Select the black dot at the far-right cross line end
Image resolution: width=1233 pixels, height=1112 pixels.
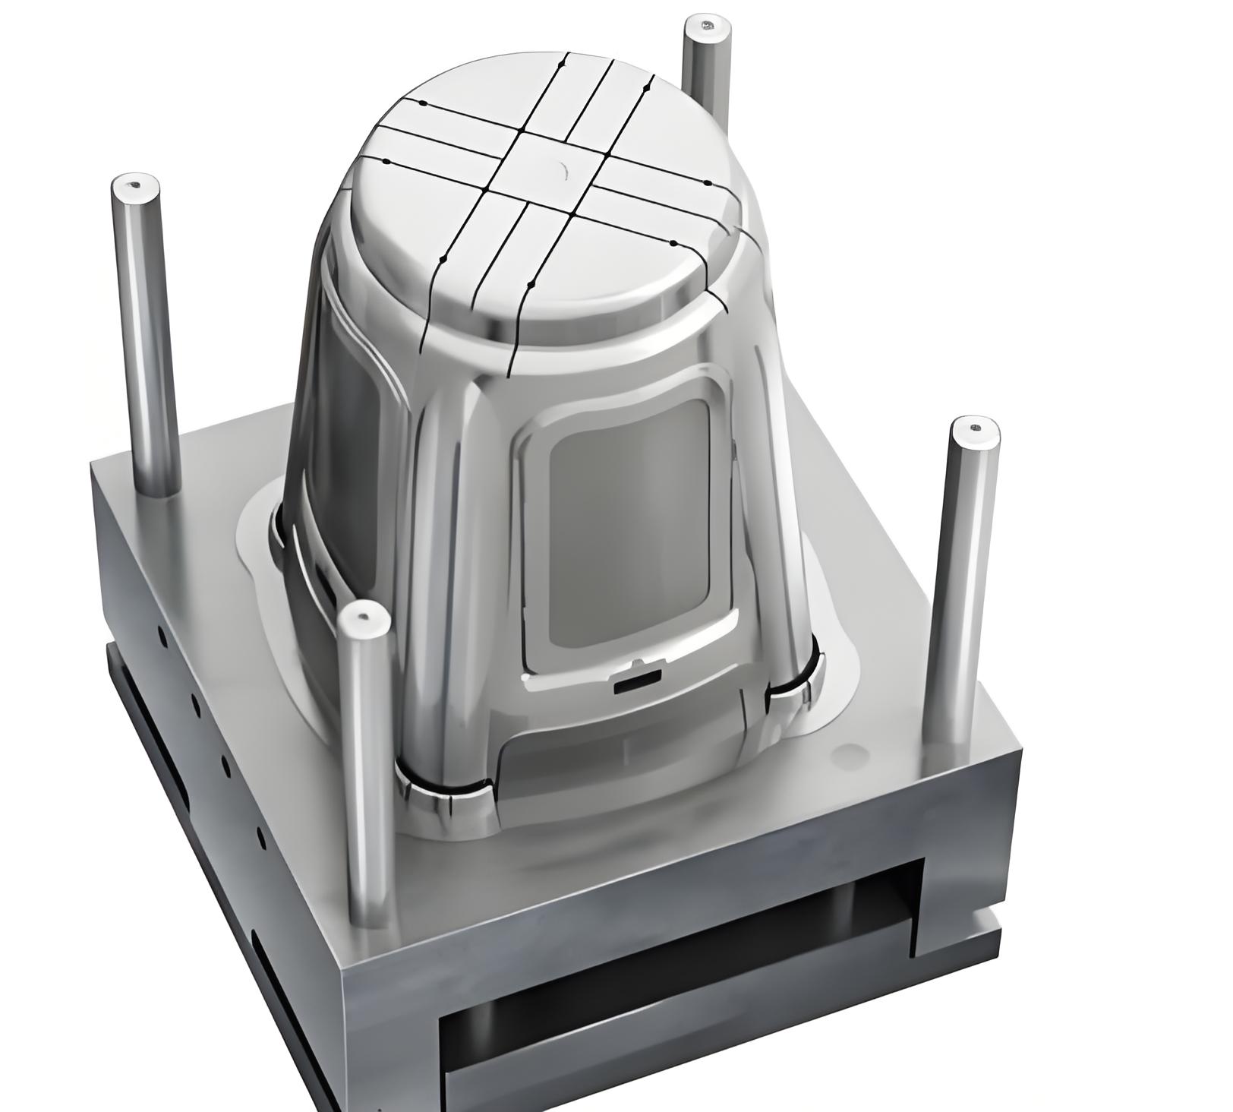[706, 184]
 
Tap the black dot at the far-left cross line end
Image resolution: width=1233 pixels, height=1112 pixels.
[386, 162]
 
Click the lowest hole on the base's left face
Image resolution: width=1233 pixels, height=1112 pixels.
[260, 839]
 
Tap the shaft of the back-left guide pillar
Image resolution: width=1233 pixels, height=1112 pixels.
[149, 342]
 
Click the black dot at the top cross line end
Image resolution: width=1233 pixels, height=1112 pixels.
[566, 61]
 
